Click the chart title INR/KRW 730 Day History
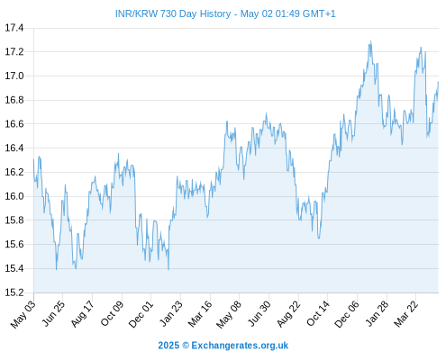pyautogui.click(x=173, y=13)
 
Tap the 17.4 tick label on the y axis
pyautogui.click(x=14, y=28)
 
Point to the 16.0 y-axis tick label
pyautogui.click(x=14, y=196)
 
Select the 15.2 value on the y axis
pyautogui.click(x=14, y=292)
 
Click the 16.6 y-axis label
pyautogui.click(x=14, y=124)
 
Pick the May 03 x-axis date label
pyautogui.click(x=23, y=314)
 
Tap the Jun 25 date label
pyautogui.click(x=53, y=313)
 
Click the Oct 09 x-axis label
pyautogui.click(x=112, y=313)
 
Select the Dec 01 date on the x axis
pyautogui.click(x=141, y=313)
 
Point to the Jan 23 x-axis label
pyautogui.click(x=171, y=313)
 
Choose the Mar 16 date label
pyautogui.click(x=200, y=313)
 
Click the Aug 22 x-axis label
pyautogui.click(x=288, y=313)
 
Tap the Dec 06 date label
pyautogui.click(x=347, y=313)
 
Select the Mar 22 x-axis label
pyautogui.click(x=405, y=313)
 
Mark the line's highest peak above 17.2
pyautogui.click(x=371, y=41)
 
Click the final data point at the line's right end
pyautogui.click(x=438, y=82)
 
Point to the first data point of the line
pyautogui.click(x=33, y=159)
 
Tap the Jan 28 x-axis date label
pyautogui.click(x=377, y=313)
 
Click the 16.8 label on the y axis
pyautogui.click(x=14, y=100)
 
